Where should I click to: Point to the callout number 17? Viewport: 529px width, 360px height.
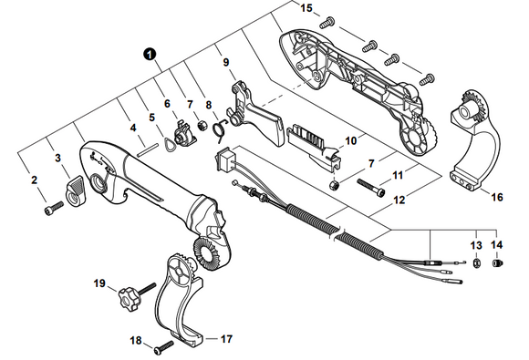pos(226,338)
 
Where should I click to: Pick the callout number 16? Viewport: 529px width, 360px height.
pos(496,196)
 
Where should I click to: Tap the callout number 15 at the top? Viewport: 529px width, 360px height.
pos(306,8)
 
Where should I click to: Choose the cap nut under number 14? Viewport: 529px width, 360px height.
pos(498,264)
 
